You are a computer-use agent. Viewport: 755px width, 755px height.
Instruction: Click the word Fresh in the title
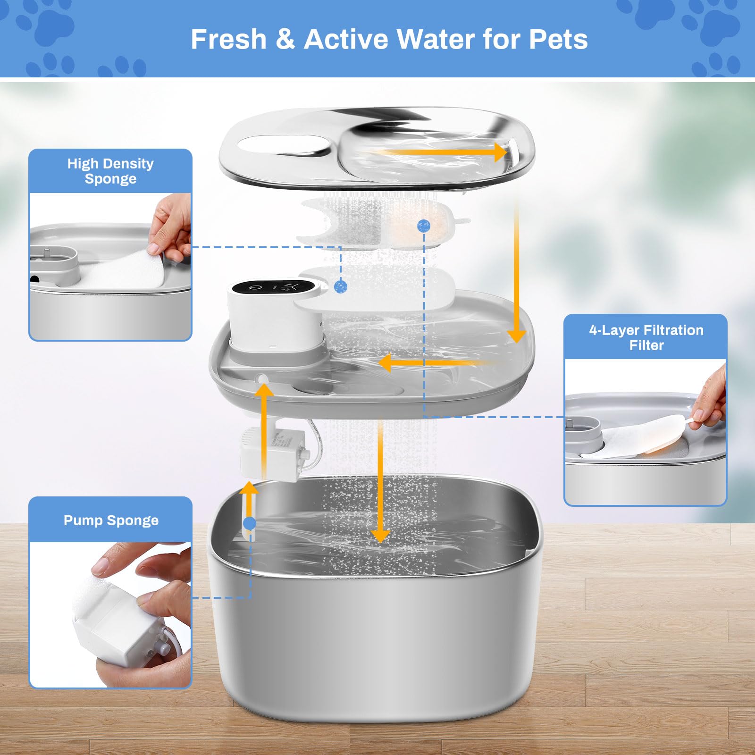point(228,39)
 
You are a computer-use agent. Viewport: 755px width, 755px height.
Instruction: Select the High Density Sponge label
point(110,171)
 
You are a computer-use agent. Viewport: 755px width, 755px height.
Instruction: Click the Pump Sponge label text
point(111,520)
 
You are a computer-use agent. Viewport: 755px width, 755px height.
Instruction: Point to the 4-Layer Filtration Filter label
point(646,337)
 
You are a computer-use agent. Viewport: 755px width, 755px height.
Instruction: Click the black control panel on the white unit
point(273,286)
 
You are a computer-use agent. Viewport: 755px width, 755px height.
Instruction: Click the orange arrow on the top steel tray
point(439,152)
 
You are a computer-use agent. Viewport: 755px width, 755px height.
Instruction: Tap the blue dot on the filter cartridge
point(424,226)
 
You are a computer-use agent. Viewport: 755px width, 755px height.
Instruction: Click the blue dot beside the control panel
point(341,286)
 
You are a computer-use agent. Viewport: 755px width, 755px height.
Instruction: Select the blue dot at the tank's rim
point(250,523)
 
